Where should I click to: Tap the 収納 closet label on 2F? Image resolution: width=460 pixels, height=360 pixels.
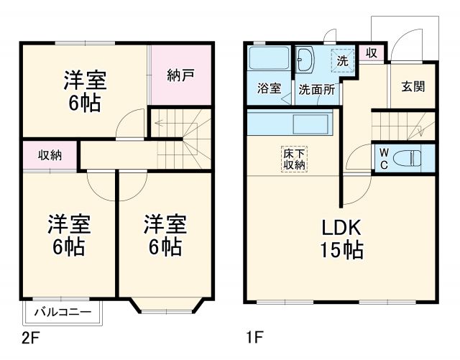pos(50,154)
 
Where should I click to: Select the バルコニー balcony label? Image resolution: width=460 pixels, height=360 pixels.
pos(63,312)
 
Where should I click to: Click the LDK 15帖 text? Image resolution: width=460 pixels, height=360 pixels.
pos(341,240)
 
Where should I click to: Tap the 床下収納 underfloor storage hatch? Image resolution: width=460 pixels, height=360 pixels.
pos(293,158)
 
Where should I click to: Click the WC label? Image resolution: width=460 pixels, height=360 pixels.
pos(383,159)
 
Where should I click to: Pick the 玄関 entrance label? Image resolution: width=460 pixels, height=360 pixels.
pos(412,86)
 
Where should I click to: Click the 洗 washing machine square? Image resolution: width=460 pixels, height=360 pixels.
pos(344,60)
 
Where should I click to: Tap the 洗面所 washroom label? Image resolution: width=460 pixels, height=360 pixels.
pos(317,90)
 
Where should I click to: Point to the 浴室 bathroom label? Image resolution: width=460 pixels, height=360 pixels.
pos(268,90)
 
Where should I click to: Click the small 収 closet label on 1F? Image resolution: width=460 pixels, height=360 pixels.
pos(371,52)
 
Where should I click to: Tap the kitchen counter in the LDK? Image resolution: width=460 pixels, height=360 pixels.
pos(288,122)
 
